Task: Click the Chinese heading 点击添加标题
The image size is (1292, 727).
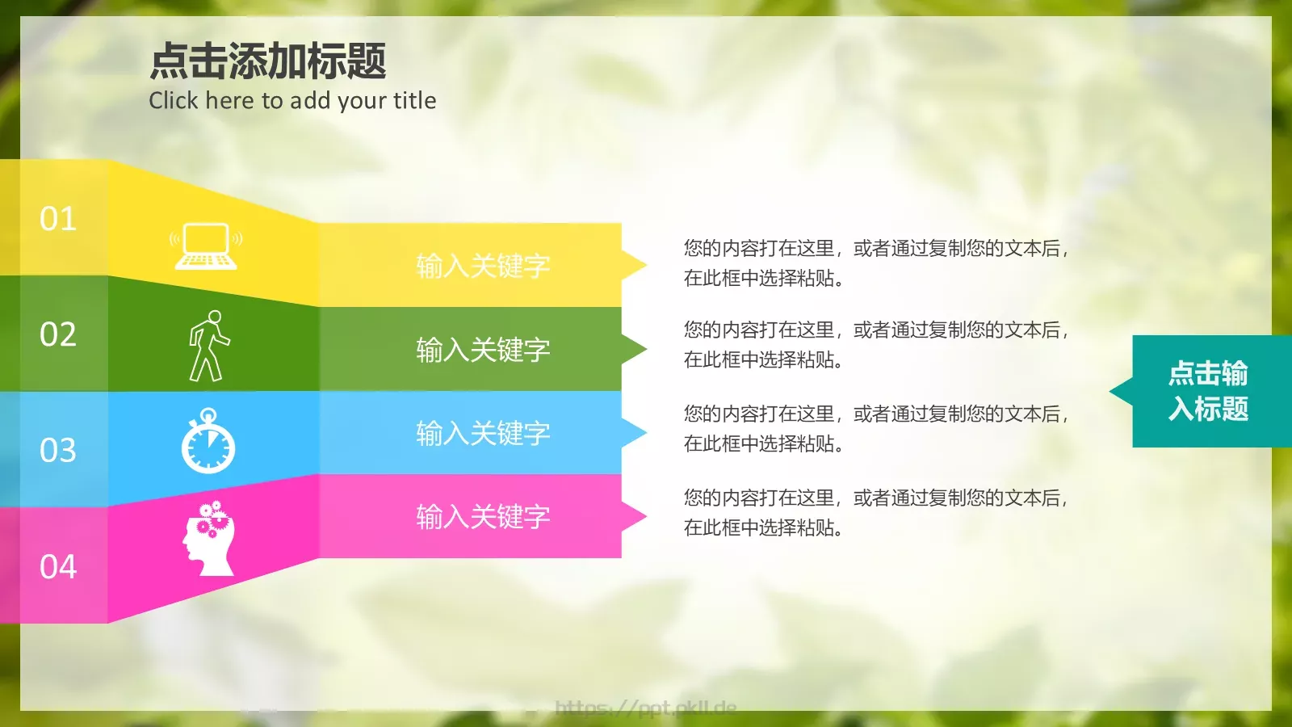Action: (x=267, y=61)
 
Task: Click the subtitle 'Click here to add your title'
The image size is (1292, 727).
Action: (x=292, y=101)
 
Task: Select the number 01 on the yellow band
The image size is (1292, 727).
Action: (x=58, y=219)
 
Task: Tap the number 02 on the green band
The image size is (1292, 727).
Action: (x=58, y=334)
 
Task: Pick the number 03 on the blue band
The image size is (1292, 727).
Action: (x=58, y=450)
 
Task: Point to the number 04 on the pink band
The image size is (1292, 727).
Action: (x=58, y=566)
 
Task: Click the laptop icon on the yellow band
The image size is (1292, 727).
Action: (x=206, y=246)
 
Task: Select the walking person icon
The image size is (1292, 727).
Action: (x=208, y=346)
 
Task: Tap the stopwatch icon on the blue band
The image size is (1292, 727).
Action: (x=208, y=441)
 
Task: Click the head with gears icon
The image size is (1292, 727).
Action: (x=209, y=538)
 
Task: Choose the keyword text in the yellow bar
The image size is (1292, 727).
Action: (x=483, y=266)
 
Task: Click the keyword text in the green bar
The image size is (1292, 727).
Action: (x=483, y=350)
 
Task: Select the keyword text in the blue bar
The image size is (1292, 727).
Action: (x=483, y=434)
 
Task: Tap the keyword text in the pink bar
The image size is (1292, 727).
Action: (x=483, y=517)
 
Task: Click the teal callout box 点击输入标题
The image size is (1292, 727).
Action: (x=1208, y=391)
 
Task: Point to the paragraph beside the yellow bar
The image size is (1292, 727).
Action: (x=876, y=263)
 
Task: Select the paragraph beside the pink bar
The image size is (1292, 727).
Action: (x=876, y=513)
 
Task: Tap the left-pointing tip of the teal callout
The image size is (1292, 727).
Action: (x=1118, y=392)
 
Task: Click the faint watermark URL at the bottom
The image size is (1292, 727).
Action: (x=646, y=708)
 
